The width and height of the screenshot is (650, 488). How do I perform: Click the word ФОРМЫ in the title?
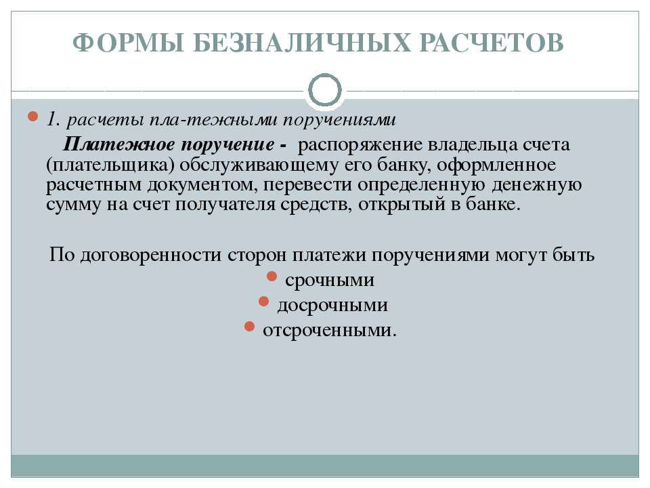128,42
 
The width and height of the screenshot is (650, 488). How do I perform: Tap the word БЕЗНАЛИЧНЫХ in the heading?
301,42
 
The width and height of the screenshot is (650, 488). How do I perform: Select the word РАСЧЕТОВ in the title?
492,42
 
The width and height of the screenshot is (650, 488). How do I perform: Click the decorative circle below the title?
325,90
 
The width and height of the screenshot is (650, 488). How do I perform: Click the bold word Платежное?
119,145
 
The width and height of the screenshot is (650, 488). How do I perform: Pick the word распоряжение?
360,145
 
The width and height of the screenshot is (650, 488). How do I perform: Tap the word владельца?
472,145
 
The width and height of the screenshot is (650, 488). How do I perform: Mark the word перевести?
307,185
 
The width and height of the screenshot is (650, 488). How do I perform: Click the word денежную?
536,185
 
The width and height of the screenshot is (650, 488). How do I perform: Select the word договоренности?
150,254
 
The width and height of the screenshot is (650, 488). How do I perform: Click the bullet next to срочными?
272,277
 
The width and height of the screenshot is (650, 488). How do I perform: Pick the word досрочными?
332,305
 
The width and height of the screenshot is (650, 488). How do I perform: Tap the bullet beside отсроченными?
249,327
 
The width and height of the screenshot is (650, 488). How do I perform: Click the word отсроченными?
330,330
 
